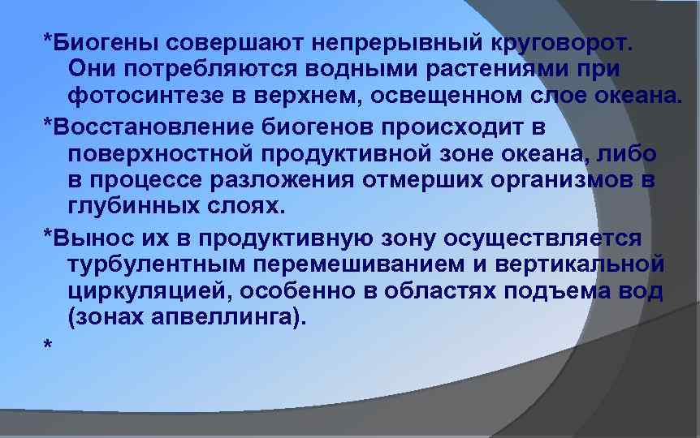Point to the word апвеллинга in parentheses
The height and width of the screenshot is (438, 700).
pyautogui.click(x=232, y=319)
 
